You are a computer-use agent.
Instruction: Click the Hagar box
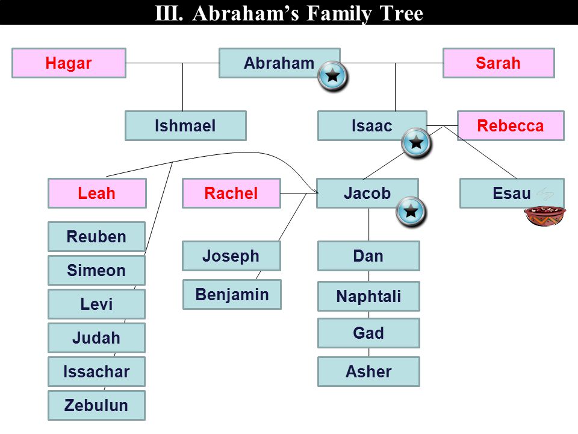click(69, 63)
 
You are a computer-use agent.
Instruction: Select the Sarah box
click(499, 63)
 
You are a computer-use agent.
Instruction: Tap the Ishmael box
click(185, 125)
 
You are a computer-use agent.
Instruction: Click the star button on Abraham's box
click(333, 77)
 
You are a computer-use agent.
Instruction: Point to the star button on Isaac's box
click(417, 143)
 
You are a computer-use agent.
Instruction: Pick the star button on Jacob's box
click(411, 212)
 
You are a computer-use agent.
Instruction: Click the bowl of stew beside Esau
click(545, 216)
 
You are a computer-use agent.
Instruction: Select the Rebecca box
click(511, 125)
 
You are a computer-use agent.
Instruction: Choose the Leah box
click(97, 193)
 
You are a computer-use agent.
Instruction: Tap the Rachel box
click(231, 193)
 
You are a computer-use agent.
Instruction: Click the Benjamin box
click(232, 294)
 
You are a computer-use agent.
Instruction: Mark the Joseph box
click(231, 256)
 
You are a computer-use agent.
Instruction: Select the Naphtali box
click(368, 296)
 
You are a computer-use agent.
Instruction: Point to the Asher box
click(368, 371)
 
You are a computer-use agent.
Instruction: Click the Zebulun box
click(96, 405)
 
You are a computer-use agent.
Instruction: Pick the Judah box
click(96, 338)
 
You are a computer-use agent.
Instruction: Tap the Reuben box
click(96, 236)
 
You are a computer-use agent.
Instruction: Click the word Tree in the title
click(402, 13)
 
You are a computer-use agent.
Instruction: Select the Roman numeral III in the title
click(169, 13)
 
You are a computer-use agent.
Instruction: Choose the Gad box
click(368, 333)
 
